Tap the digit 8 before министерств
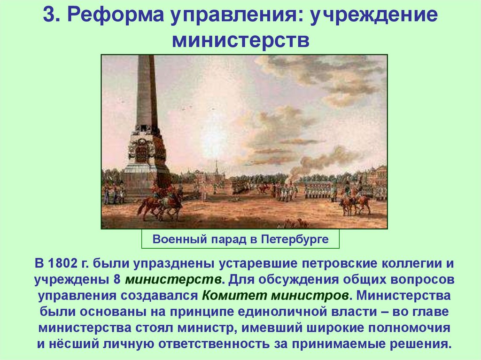pyautogui.click(x=116, y=279)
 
